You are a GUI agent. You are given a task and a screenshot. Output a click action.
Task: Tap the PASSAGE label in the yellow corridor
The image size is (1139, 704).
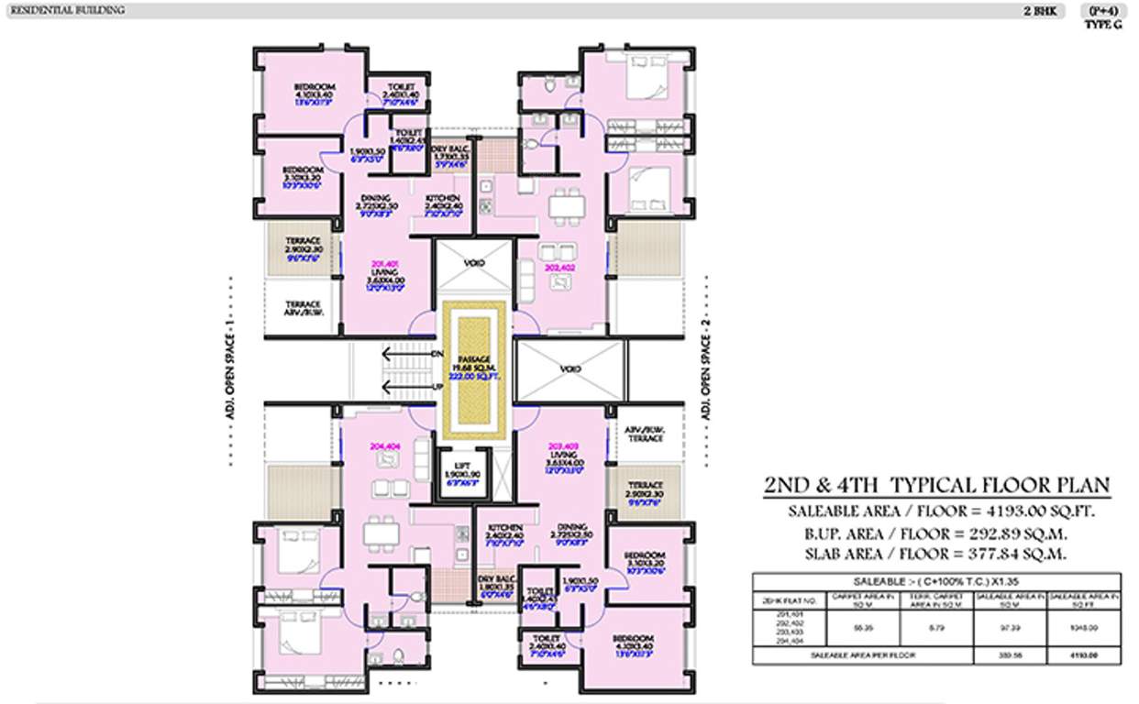pyautogui.click(x=474, y=358)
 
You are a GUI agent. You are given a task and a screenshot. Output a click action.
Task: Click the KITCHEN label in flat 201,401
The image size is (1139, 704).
pyautogui.click(x=443, y=198)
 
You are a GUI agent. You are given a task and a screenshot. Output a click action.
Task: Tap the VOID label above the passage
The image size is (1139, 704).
pyautogui.click(x=474, y=262)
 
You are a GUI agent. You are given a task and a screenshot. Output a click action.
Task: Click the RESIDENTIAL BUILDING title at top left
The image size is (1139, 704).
pyautogui.click(x=63, y=10)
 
